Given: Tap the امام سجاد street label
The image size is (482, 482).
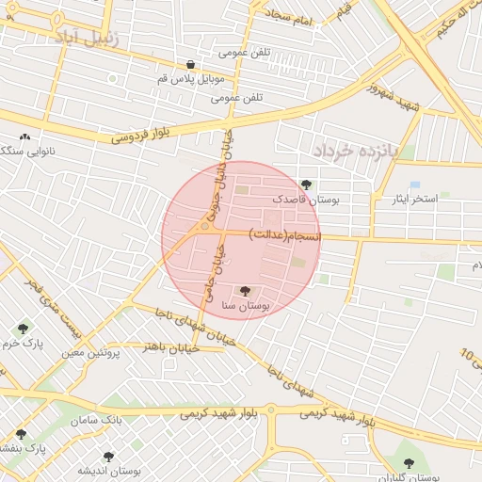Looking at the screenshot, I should (294, 16).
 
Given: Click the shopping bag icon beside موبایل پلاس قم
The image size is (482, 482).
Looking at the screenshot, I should (191, 65).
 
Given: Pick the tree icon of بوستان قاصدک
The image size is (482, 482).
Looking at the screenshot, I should (305, 185).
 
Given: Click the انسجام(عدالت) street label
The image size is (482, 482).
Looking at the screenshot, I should (285, 233).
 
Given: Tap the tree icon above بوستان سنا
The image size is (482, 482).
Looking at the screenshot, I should (246, 291).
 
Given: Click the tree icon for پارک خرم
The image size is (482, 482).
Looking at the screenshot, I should (23, 329).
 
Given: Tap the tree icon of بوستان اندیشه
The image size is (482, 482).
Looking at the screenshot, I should (108, 456).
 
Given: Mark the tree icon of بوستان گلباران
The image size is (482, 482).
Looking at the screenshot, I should (408, 462).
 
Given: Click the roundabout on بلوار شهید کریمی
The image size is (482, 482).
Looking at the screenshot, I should (271, 410).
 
